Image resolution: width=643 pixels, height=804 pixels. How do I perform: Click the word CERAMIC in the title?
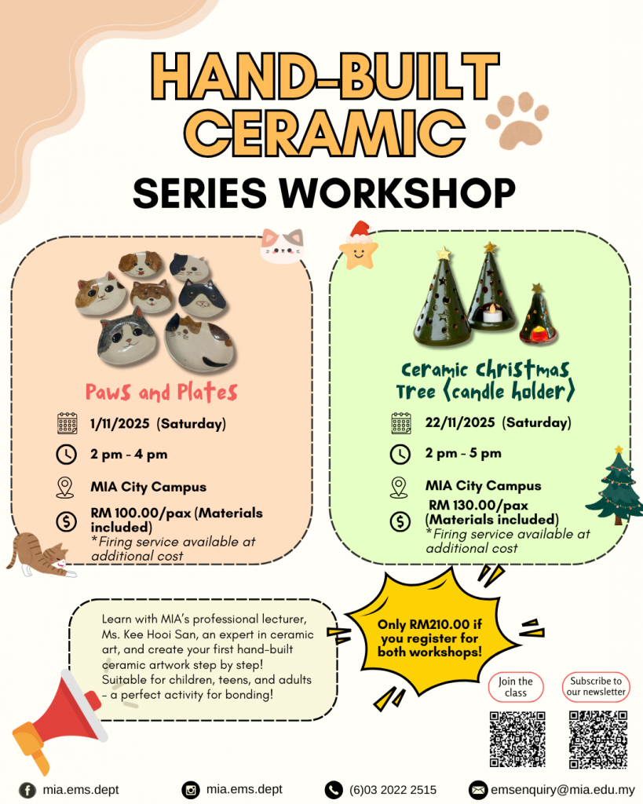click(324, 133)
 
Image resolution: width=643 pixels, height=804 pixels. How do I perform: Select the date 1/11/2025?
click(120, 423)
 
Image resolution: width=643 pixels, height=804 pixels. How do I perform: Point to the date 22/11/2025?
click(460, 422)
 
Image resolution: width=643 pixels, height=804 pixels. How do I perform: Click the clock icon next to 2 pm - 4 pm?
click(66, 455)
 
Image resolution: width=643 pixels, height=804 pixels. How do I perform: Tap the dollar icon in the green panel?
click(400, 521)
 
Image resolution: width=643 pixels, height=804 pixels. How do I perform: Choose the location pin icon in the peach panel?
click(65, 487)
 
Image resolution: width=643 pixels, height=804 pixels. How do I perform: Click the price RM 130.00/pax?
click(478, 506)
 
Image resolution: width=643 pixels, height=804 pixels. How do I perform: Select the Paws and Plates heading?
click(162, 393)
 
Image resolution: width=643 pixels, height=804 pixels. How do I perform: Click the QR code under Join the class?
click(517, 739)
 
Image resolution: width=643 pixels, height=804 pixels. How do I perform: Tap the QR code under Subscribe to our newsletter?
click(598, 739)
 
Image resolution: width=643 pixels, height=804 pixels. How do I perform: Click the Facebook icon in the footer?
click(27, 790)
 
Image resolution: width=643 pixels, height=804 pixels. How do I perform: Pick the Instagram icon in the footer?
click(190, 790)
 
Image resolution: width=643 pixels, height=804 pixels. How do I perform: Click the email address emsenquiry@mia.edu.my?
click(563, 790)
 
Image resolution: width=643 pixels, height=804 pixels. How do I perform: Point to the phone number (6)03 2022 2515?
click(393, 790)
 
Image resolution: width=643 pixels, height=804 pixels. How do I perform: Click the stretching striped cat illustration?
click(40, 555)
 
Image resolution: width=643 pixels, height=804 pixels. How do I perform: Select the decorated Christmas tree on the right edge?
click(616, 486)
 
